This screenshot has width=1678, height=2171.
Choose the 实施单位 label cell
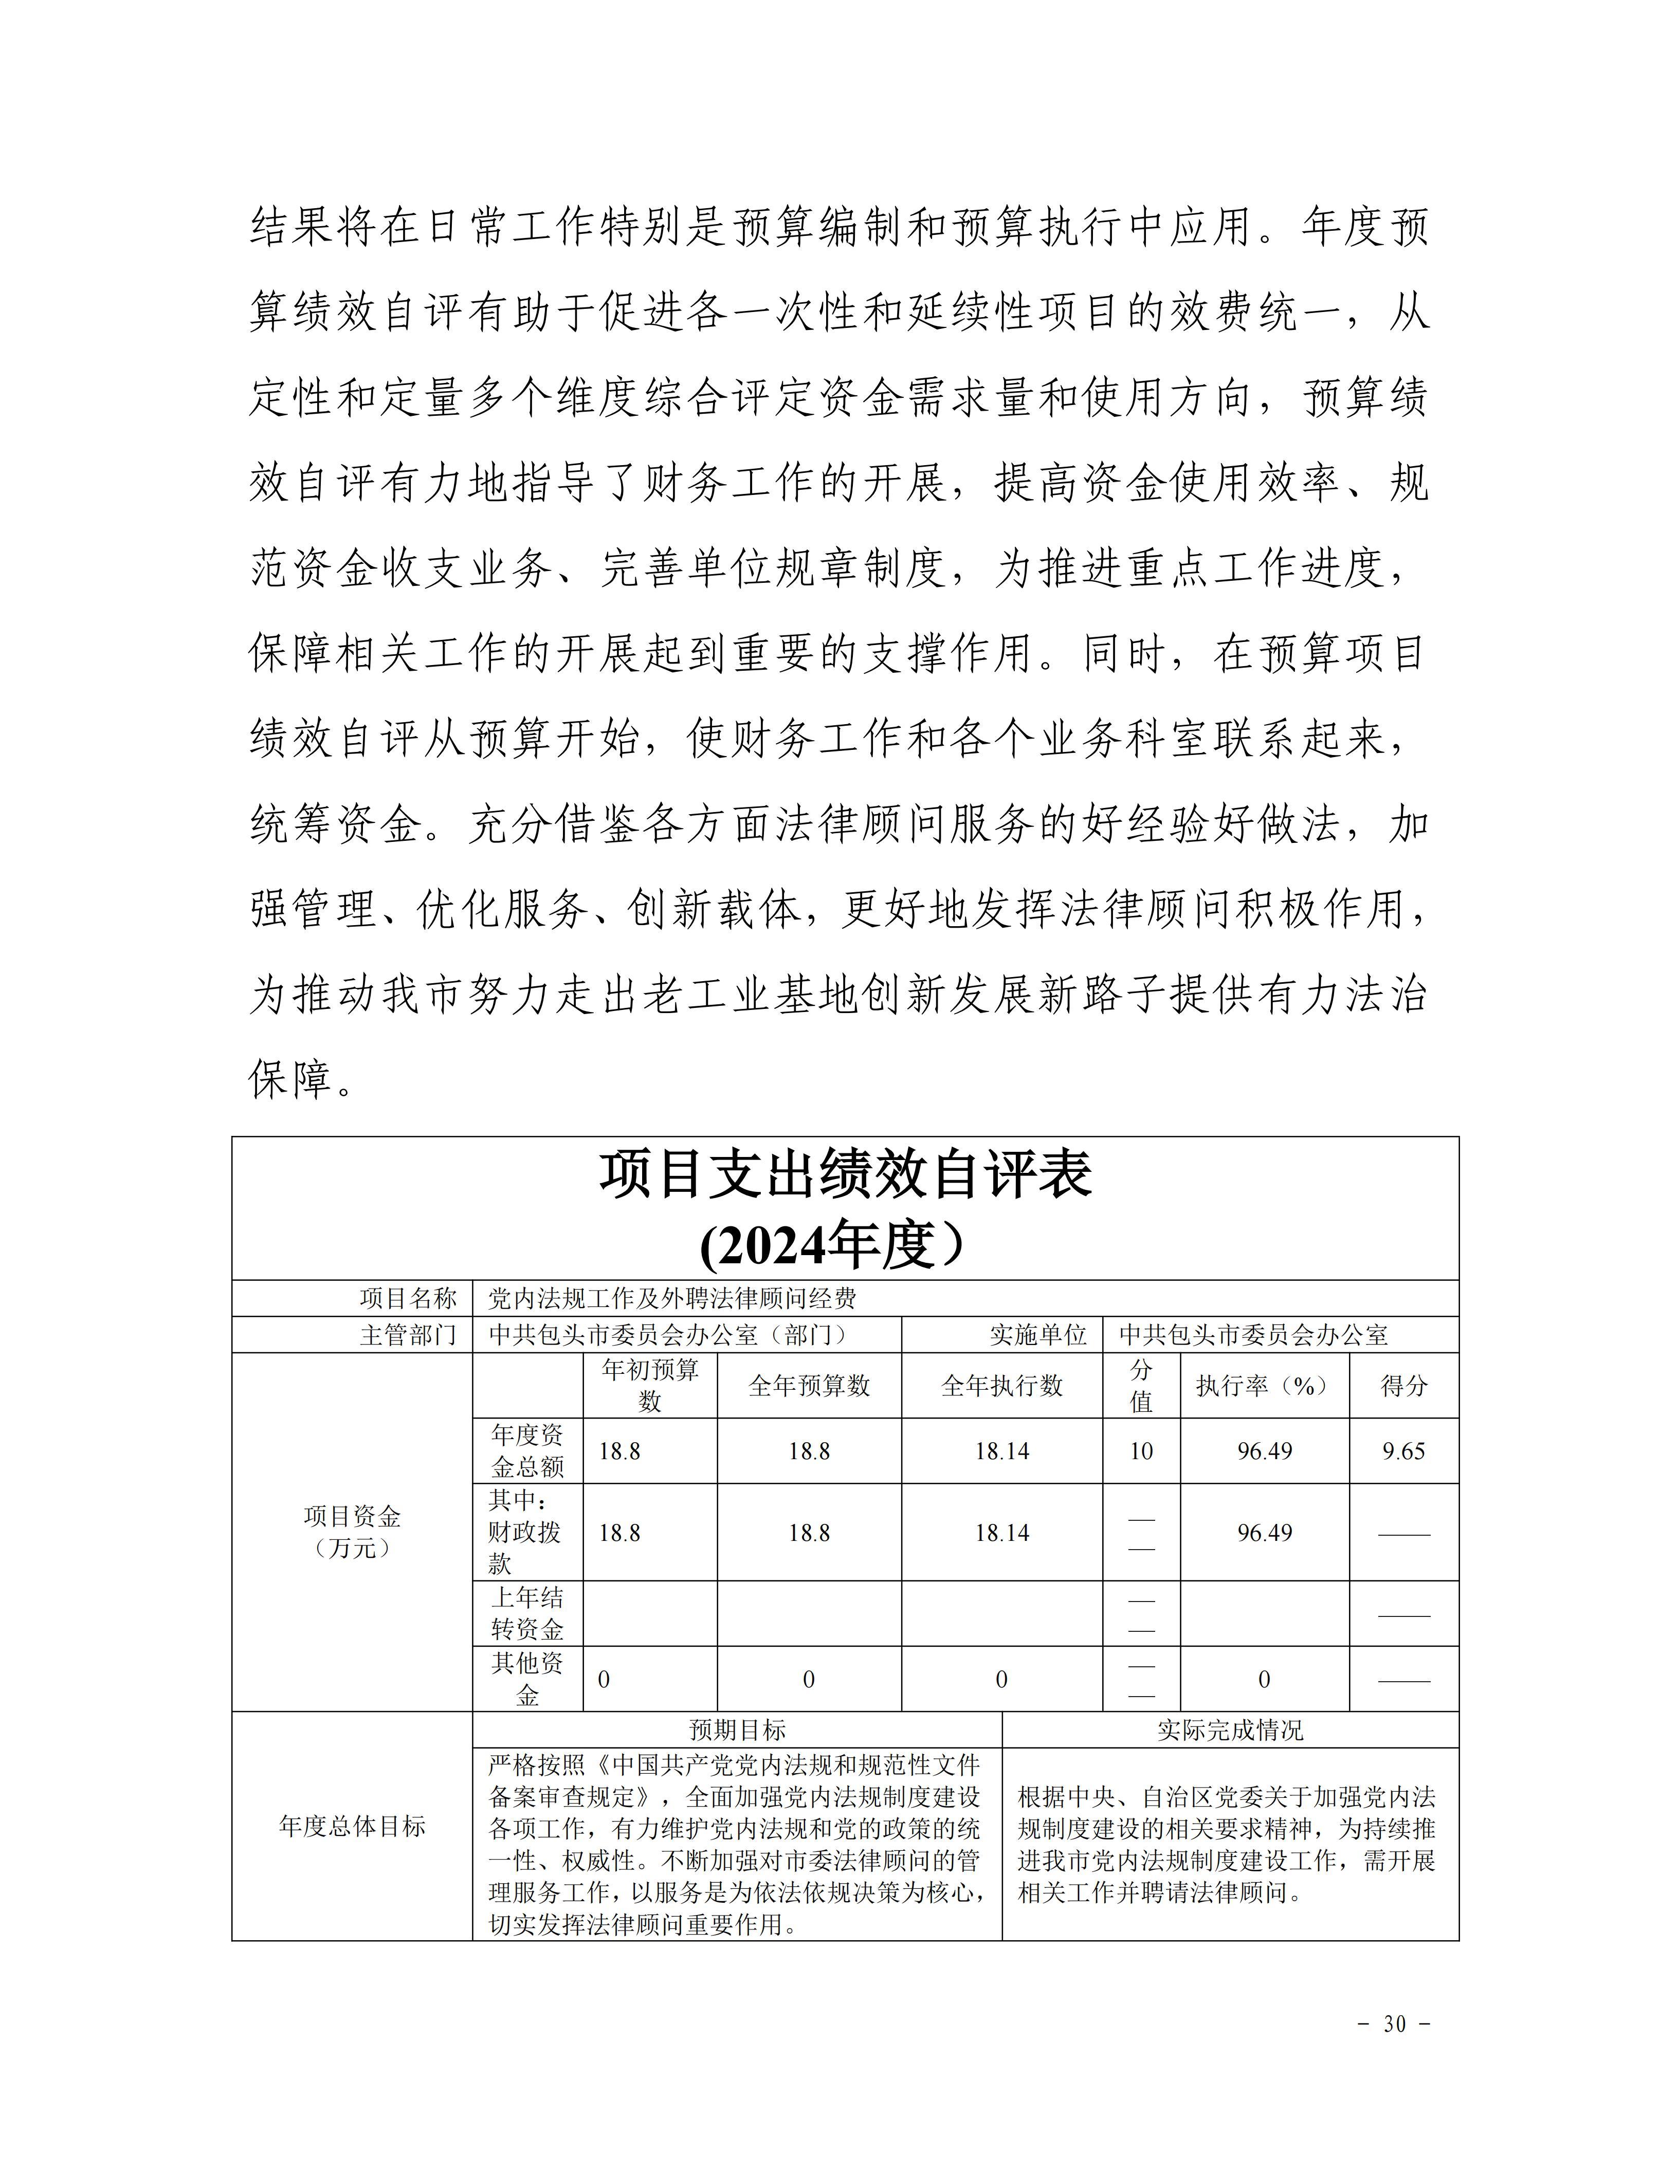(x=1038, y=1335)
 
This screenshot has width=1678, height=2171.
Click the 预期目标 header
(x=738, y=1731)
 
